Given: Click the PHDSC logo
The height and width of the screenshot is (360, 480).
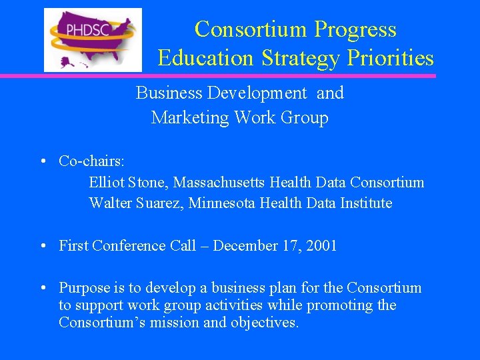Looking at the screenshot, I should (x=93, y=39).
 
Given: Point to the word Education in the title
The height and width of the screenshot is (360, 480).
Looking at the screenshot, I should (x=205, y=59).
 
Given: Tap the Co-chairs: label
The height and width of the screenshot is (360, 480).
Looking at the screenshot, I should (x=87, y=161).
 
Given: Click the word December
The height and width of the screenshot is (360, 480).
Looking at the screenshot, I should (x=245, y=246).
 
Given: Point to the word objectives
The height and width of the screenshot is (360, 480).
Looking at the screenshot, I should (x=265, y=323).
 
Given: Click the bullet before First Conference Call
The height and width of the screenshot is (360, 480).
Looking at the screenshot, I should (x=42, y=246).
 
